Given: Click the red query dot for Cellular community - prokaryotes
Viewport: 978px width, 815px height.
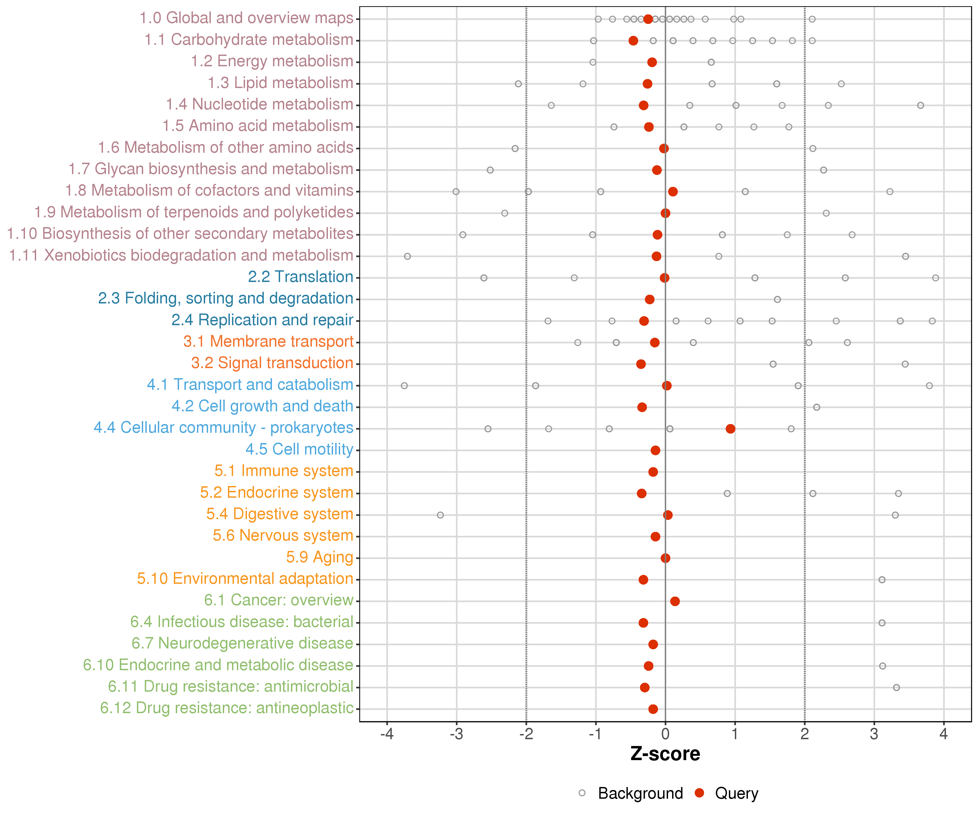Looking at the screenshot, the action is point(730,428).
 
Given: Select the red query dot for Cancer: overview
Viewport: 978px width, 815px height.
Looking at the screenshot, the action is point(675,601).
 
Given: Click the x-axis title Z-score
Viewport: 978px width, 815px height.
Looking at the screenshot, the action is point(665,754).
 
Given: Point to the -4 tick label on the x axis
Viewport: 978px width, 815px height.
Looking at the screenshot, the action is point(387,734).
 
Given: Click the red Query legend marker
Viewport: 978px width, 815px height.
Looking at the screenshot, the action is point(699,793).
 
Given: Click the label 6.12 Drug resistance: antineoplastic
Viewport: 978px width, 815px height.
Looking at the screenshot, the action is point(227,708).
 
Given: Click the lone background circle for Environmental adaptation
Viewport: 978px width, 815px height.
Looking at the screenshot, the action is point(882,580).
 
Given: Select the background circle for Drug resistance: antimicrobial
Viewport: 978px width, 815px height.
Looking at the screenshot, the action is point(896,687).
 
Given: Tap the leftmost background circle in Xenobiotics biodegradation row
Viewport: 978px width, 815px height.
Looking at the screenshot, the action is point(407,256).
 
